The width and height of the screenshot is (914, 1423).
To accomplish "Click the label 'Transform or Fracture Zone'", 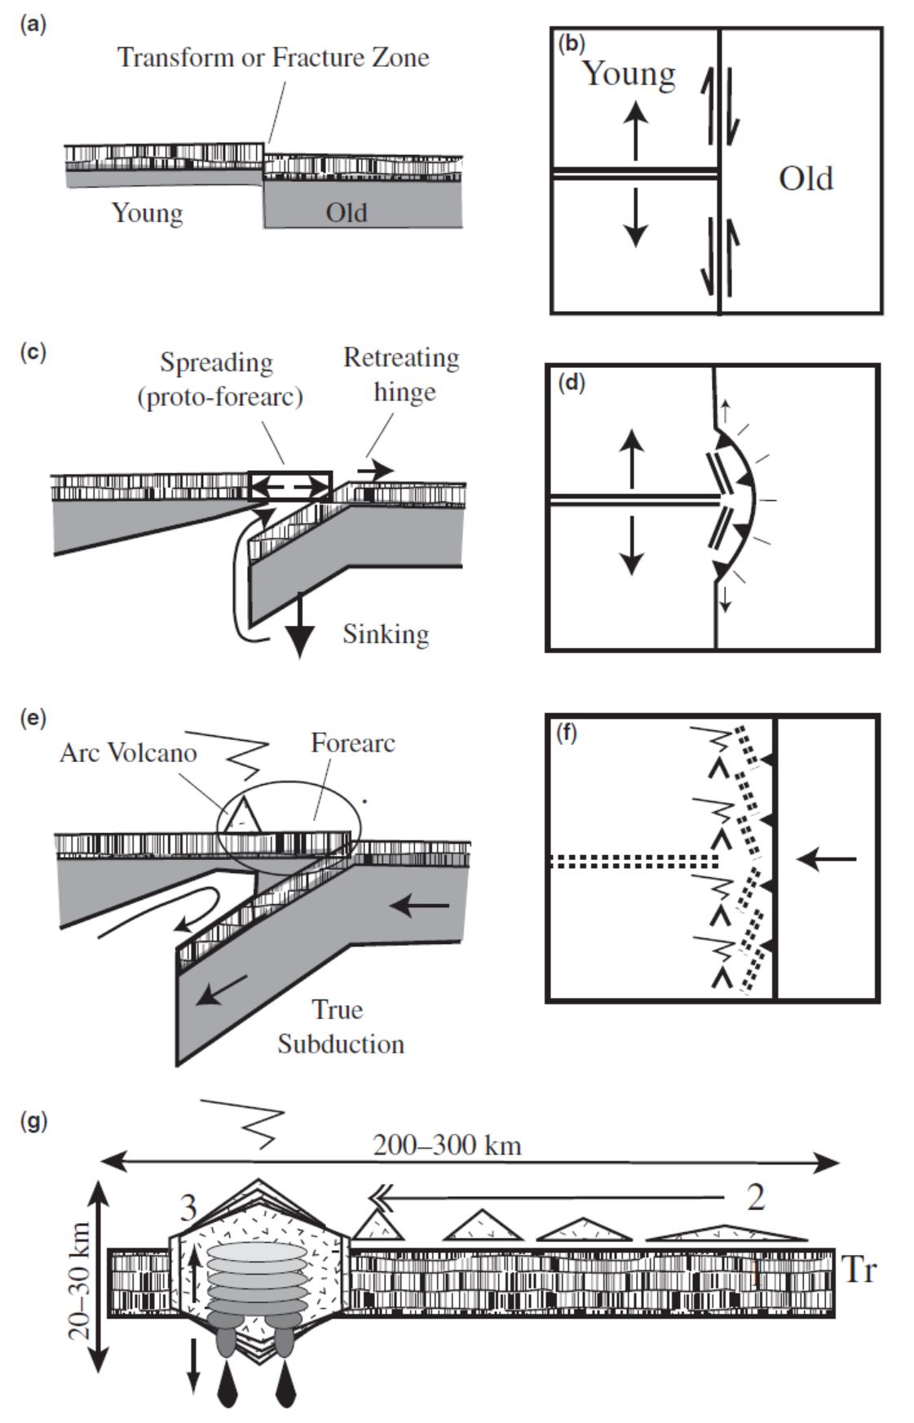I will click(273, 58).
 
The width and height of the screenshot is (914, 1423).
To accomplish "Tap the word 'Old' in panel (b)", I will click(806, 179).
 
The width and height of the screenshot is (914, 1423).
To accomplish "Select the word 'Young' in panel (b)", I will click(629, 73).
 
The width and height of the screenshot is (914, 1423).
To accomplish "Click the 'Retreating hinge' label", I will click(401, 375).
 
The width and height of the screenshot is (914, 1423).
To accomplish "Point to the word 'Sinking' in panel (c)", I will click(386, 634).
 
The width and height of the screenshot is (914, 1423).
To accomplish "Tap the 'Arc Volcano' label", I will click(128, 752).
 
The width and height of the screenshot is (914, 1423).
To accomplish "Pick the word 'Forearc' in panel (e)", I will click(353, 743).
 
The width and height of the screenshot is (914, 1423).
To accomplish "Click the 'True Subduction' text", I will click(340, 1027).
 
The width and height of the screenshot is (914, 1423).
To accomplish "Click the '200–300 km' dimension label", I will click(447, 1146).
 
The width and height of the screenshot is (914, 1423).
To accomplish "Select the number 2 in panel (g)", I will click(755, 1197).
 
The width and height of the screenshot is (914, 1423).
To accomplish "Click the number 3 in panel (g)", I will click(188, 1208).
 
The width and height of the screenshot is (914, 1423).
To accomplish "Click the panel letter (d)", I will click(572, 383).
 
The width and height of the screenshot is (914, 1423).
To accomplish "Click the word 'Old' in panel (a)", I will click(347, 213).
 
